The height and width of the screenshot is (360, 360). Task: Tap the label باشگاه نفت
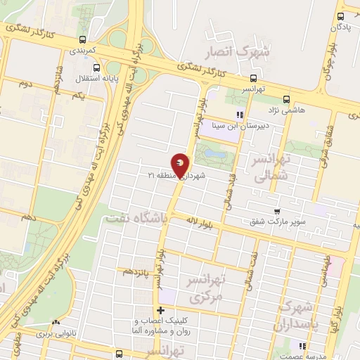tap(134, 219)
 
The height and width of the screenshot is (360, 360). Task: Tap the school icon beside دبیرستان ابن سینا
tap(240, 113)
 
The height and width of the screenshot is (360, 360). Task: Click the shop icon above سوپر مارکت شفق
tap(278, 211)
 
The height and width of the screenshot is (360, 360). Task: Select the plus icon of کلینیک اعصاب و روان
tap(161, 310)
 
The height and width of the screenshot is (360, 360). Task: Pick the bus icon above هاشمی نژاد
tap(286, 99)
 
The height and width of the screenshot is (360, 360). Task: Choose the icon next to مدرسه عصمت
tap(302, 346)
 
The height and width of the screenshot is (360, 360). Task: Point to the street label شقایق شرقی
tap(329, 139)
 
